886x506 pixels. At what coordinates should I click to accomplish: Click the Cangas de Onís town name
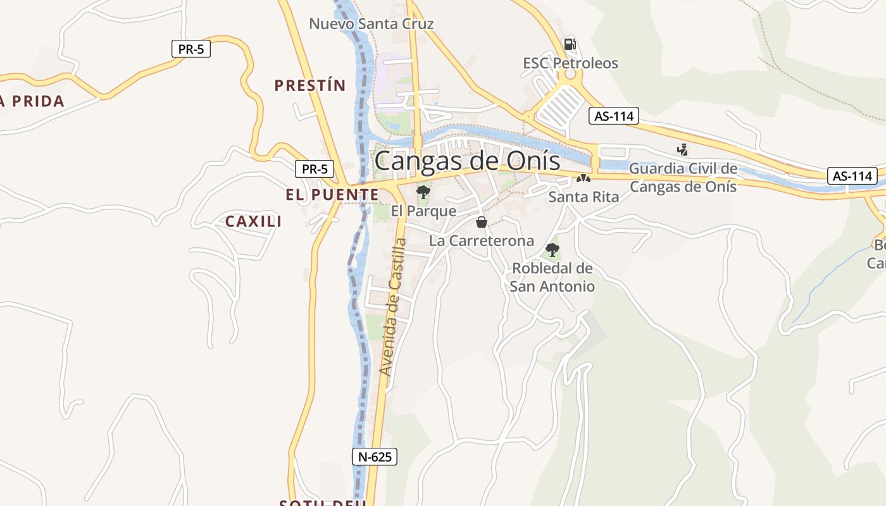tap(467, 161)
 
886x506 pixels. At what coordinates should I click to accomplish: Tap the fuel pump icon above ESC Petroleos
tap(570, 44)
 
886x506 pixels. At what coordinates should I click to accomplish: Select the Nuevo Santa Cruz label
tap(371, 24)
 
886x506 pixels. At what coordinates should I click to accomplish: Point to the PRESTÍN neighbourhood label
tap(310, 85)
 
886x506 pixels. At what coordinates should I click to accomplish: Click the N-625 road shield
tap(375, 457)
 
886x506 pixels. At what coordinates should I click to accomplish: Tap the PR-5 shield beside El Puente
tap(315, 169)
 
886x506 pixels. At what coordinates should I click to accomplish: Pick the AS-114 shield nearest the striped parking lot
tap(614, 116)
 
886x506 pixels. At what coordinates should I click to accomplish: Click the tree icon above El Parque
tap(423, 192)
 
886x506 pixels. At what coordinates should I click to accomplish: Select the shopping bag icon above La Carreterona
tap(482, 222)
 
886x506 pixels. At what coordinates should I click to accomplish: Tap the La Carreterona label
tap(482, 240)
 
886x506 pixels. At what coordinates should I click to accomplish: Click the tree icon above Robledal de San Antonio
tap(552, 250)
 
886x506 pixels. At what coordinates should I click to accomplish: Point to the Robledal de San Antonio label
tap(552, 277)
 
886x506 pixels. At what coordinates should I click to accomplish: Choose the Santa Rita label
tap(583, 197)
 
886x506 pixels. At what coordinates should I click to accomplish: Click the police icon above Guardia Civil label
tap(682, 150)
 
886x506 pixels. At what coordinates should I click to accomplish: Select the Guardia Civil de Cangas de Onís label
tap(683, 178)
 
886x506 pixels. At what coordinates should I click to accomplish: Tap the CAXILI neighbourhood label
tap(254, 221)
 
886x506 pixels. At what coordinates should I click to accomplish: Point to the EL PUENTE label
tap(332, 195)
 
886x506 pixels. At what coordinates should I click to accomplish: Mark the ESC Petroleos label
tap(570, 63)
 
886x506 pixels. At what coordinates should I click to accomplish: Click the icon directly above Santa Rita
tap(583, 179)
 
